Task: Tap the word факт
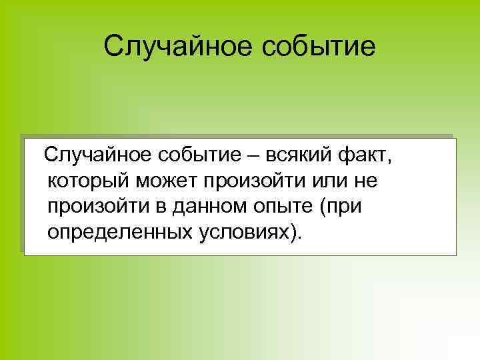(361, 156)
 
